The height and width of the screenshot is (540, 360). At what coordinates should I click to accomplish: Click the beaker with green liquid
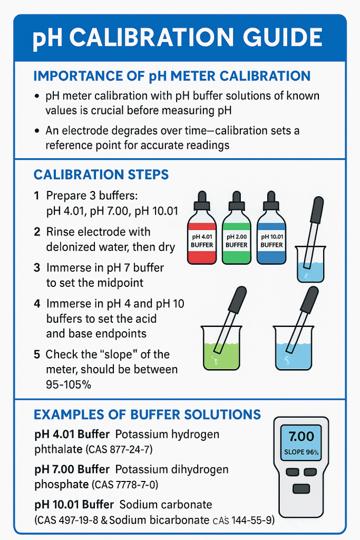(221, 348)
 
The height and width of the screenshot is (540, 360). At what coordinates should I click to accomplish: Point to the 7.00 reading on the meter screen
(301, 436)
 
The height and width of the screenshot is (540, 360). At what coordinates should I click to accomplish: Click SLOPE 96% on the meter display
(301, 452)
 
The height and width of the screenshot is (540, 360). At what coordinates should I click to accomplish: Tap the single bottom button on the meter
(301, 488)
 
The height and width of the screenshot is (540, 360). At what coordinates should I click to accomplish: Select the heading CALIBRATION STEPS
(101, 175)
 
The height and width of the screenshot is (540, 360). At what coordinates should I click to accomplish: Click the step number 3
(37, 268)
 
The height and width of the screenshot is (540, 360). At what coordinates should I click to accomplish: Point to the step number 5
(37, 354)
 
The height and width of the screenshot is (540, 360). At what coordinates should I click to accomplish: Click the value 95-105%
(69, 384)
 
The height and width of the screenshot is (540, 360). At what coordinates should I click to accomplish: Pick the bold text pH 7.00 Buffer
(72, 469)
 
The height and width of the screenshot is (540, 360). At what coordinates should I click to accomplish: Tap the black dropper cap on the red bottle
(202, 201)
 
